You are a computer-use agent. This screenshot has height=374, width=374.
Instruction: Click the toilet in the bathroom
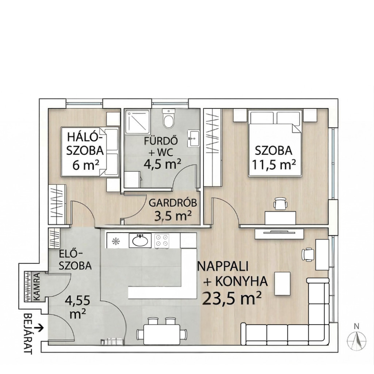click(169, 118)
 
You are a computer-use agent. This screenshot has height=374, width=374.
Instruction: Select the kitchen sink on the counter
click(140, 240)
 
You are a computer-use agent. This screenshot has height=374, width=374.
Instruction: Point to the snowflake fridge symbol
click(116, 241)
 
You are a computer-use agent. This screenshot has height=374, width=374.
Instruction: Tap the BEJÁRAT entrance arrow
click(39, 328)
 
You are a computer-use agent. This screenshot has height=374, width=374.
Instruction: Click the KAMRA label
click(37, 286)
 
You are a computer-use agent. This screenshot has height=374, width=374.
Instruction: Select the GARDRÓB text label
click(173, 203)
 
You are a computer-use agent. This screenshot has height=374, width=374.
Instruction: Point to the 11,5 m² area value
click(274, 165)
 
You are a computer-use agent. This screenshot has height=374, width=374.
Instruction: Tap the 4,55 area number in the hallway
click(77, 301)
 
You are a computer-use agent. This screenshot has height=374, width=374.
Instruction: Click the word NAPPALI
click(223, 266)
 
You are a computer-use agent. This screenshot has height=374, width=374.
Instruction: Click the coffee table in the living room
click(283, 283)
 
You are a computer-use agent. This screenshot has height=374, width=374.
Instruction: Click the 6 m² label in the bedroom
click(86, 165)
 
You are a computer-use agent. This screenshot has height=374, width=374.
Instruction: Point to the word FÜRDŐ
click(161, 141)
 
